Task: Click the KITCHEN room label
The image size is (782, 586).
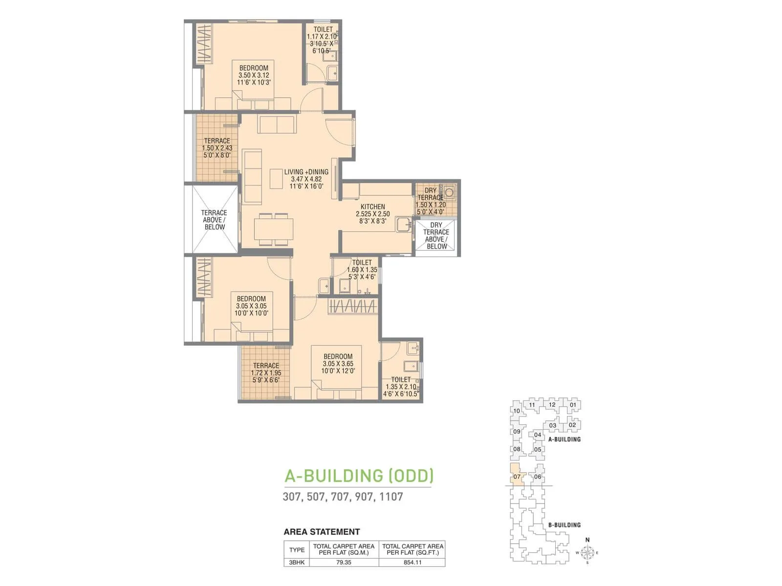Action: tap(373, 207)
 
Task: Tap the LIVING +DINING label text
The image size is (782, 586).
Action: tap(306, 172)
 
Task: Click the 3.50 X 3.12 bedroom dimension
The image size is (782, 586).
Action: tap(254, 75)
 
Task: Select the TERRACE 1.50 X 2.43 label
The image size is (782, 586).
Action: tap(217, 147)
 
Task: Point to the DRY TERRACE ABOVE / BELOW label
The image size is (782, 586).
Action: tap(436, 236)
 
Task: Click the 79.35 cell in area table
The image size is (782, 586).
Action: tap(344, 562)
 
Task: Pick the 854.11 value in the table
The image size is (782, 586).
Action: tap(413, 562)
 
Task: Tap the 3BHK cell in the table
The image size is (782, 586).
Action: tap(297, 562)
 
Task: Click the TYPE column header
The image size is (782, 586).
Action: tap(297, 549)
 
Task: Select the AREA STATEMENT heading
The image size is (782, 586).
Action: tap(322, 532)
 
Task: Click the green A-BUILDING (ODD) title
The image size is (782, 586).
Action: tap(359, 476)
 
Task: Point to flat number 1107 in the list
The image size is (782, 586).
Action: tap(391, 497)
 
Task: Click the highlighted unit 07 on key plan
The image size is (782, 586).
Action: tap(517, 477)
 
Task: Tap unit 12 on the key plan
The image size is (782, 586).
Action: tap(552, 404)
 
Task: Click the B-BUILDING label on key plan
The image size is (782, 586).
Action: tap(564, 525)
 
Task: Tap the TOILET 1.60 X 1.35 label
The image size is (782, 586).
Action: tap(362, 270)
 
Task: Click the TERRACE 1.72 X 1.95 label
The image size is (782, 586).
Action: tap(266, 373)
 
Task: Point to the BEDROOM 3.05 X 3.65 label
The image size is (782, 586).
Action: tap(338, 363)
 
